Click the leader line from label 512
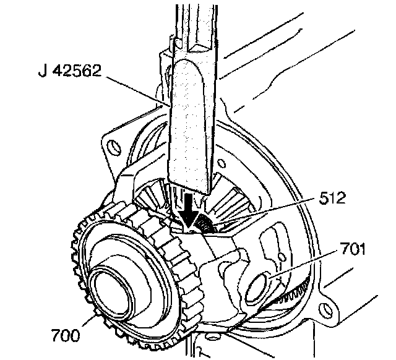(x=266, y=213)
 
